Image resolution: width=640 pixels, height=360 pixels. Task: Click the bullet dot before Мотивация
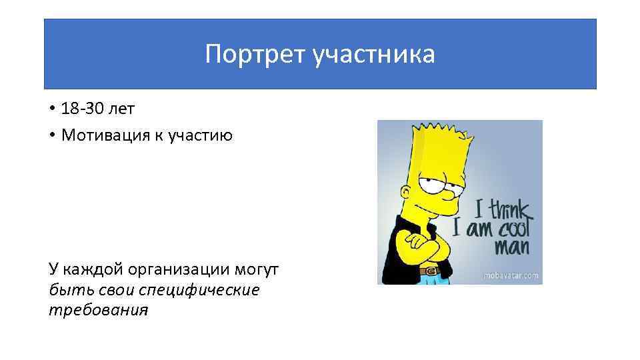pyautogui.click(x=52, y=135)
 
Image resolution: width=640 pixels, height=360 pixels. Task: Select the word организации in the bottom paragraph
pyautogui.click(x=176, y=271)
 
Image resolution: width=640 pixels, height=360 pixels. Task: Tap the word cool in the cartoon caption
pyautogui.click(x=513, y=229)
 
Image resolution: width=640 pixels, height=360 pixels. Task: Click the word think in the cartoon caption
pyautogui.click(x=509, y=209)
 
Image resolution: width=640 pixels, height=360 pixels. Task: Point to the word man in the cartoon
pyautogui.click(x=511, y=249)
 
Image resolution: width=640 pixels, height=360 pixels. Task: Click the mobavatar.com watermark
pyautogui.click(x=511, y=275)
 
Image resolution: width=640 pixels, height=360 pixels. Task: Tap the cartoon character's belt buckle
pyautogui.click(x=431, y=271)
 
